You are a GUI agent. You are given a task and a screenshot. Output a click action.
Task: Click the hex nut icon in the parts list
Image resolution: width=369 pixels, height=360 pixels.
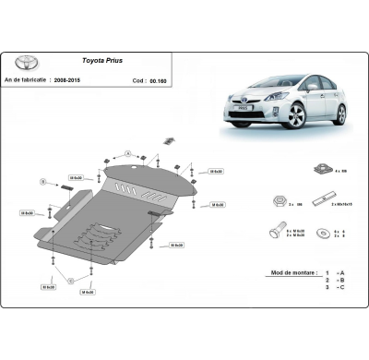[x=278, y=200]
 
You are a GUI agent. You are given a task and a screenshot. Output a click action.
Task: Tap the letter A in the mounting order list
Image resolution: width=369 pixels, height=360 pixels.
[x=341, y=273]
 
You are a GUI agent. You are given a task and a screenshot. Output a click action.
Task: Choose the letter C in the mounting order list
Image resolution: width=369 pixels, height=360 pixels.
[x=341, y=289]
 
